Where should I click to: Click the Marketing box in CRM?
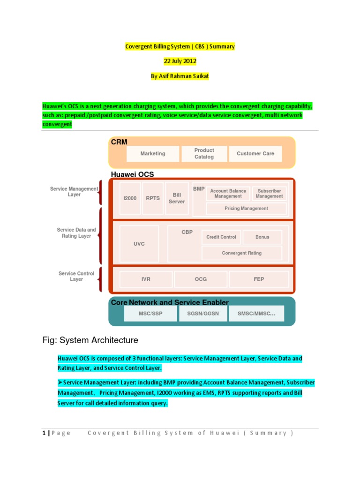(153, 154)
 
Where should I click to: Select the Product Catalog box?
(204, 154)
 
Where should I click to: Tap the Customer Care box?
(255, 154)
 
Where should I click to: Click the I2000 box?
(130, 198)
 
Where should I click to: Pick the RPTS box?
(153, 198)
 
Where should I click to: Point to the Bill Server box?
(177, 198)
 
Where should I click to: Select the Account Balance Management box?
(228, 194)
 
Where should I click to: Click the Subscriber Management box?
(269, 194)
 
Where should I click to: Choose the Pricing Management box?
(246, 208)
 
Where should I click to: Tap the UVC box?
(139, 244)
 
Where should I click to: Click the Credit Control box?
(221, 237)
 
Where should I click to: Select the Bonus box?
(262, 237)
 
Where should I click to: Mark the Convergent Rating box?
(242, 253)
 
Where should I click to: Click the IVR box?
(146, 279)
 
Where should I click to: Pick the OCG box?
(201, 279)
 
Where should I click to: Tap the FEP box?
(259, 279)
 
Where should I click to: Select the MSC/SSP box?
(150, 314)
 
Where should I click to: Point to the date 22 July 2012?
(180, 61)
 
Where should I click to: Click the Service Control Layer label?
(76, 277)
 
